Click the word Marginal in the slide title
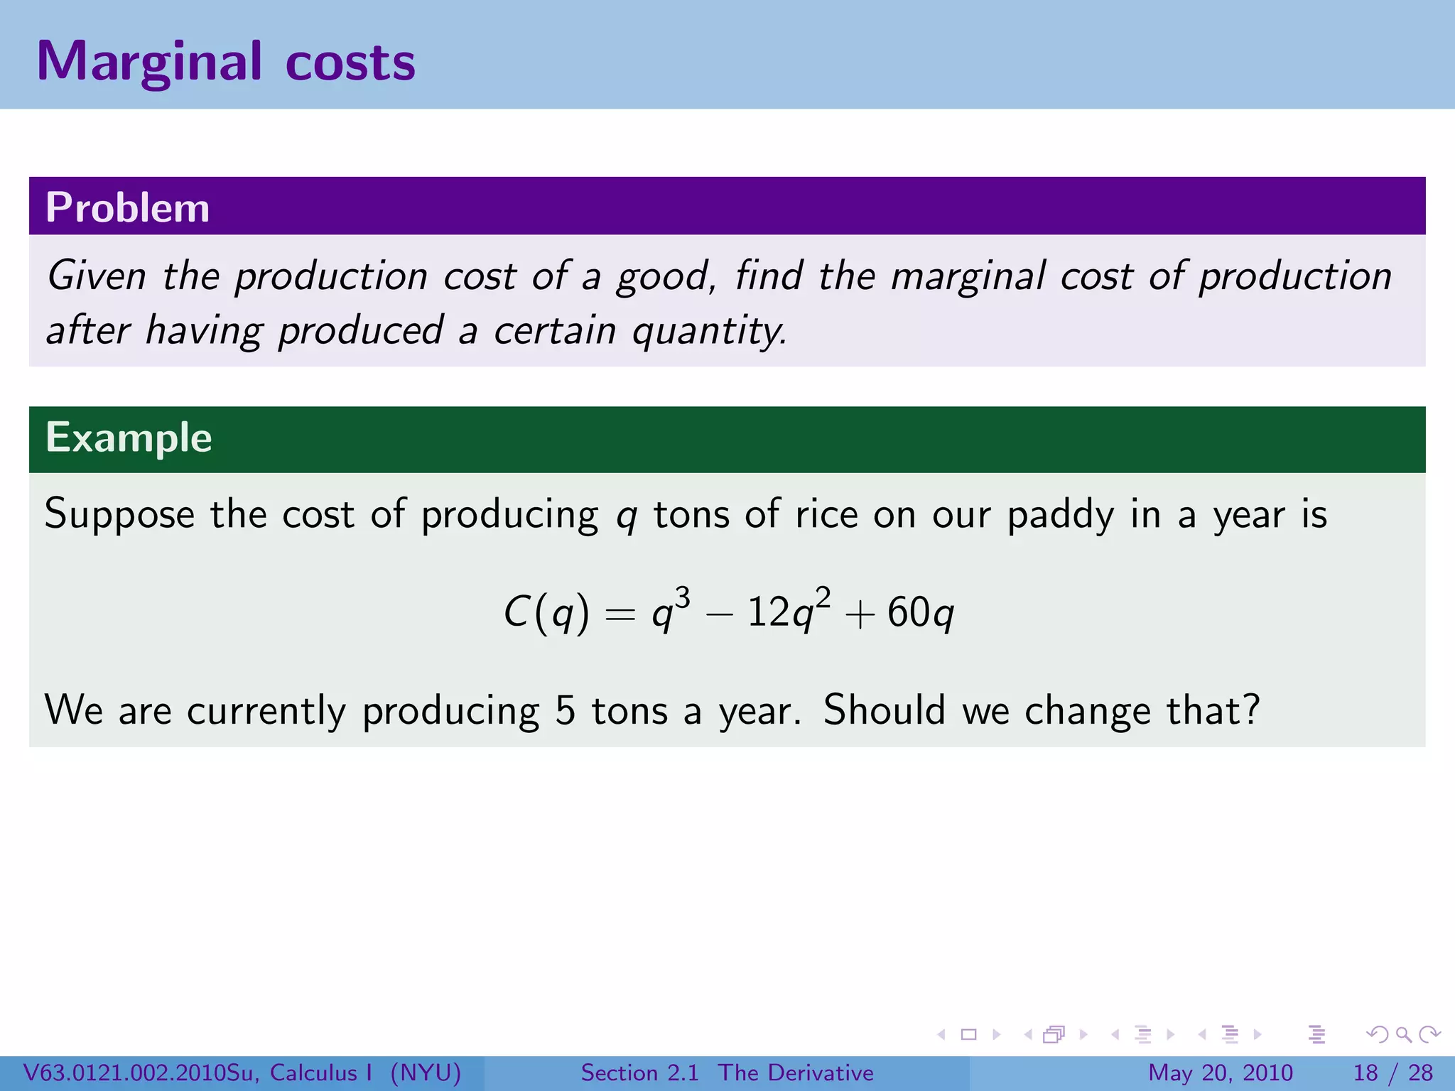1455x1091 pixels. click(149, 63)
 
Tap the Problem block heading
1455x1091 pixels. click(128, 207)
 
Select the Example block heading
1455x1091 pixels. click(129, 438)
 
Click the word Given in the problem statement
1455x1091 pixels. click(96, 276)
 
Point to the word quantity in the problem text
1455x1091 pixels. click(708, 331)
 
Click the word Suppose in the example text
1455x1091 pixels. click(119, 514)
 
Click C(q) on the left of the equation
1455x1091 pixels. click(546, 612)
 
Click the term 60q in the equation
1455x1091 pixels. click(920, 612)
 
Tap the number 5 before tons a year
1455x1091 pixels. click(565, 710)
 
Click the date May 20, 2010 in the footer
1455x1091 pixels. click(1220, 1073)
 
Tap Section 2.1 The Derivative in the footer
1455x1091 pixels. click(727, 1073)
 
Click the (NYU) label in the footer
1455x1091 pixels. click(426, 1073)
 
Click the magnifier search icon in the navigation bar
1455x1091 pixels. click(1403, 1035)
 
